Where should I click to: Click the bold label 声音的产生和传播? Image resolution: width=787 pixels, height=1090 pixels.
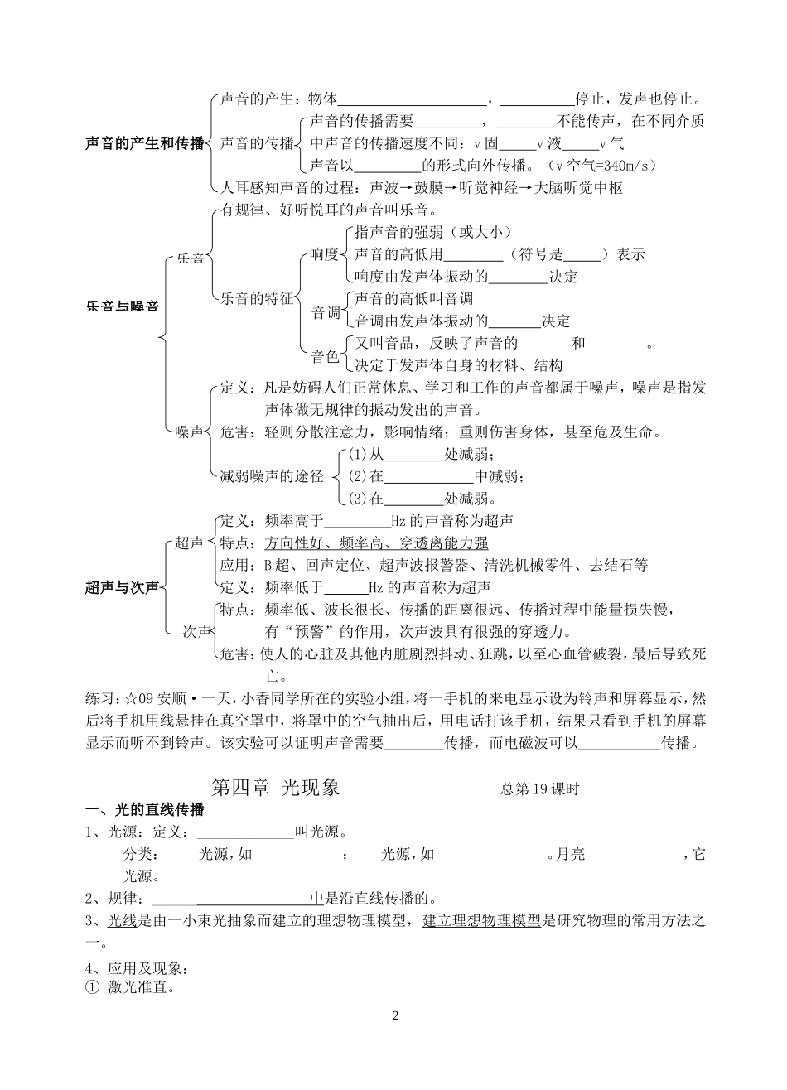point(144,143)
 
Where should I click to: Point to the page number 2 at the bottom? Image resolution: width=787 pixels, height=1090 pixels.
point(395,1015)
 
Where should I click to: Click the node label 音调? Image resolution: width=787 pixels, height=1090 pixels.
point(326,313)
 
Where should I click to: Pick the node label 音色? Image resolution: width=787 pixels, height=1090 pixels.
point(326,357)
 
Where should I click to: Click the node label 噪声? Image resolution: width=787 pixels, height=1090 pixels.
point(190,432)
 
